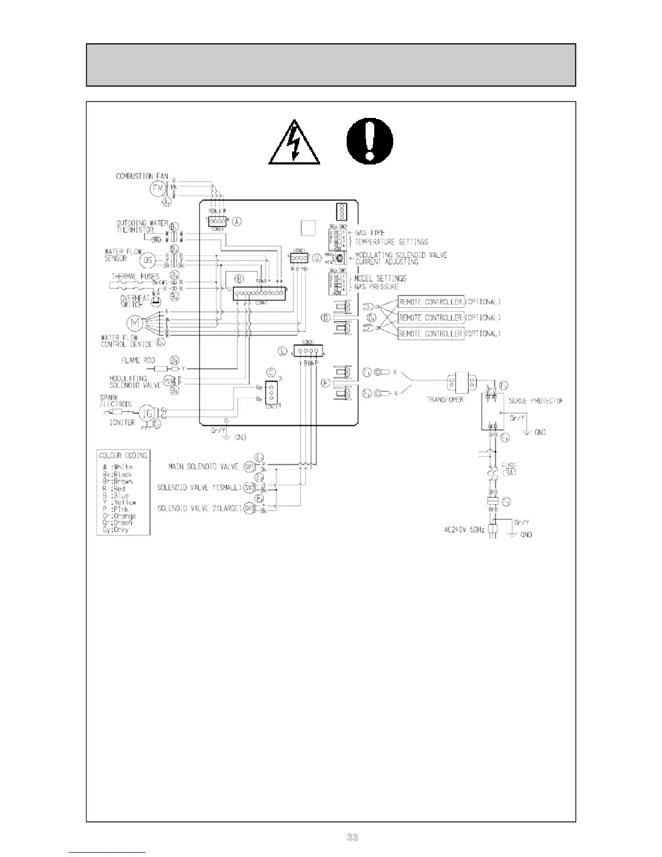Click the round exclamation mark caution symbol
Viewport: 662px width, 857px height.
[370, 142]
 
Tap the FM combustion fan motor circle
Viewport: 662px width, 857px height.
[158, 189]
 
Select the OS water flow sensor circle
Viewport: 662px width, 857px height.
[148, 261]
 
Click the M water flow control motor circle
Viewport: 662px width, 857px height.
[134, 323]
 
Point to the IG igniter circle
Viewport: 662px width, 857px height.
[147, 413]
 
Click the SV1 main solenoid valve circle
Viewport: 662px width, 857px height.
[249, 466]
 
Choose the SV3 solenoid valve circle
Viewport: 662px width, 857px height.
[249, 509]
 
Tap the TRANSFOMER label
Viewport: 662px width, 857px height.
[445, 399]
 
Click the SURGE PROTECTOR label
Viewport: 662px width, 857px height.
[535, 401]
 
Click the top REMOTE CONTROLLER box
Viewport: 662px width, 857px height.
[431, 302]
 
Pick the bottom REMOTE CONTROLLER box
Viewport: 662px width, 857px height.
[431, 334]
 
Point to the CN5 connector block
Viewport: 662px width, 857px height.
[217, 221]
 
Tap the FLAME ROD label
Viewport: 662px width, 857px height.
[138, 360]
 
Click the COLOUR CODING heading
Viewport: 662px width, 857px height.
[123, 455]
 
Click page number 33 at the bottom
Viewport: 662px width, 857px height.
[352, 838]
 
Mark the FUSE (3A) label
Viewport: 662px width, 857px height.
[509, 469]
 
